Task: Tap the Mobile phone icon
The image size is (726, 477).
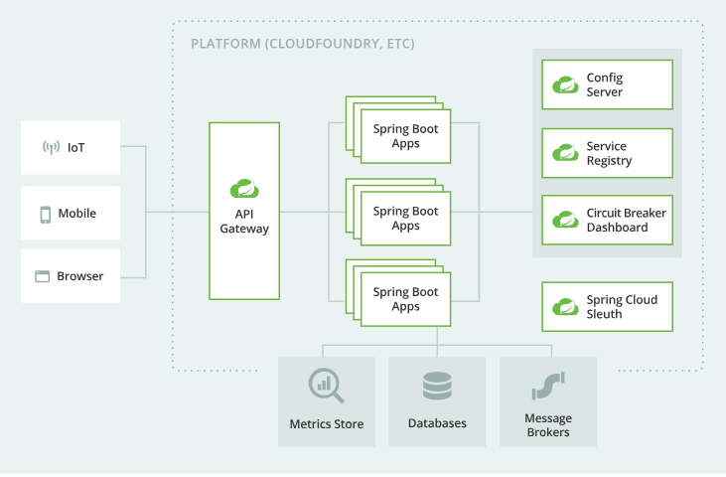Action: (x=45, y=214)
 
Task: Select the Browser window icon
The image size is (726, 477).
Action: (x=43, y=276)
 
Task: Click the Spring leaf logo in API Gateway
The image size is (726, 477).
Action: (x=244, y=188)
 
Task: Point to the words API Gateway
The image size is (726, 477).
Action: (x=244, y=222)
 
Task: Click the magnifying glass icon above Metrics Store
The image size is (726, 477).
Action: (x=325, y=385)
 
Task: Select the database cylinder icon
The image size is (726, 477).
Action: (x=437, y=385)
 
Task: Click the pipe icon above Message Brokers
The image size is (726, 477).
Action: (x=548, y=385)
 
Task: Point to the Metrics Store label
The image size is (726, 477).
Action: (x=327, y=424)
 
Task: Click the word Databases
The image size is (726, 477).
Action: (x=437, y=423)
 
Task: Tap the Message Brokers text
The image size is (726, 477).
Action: (x=548, y=425)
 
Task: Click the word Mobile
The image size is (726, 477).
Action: (x=77, y=214)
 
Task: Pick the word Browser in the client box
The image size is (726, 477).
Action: (x=80, y=276)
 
